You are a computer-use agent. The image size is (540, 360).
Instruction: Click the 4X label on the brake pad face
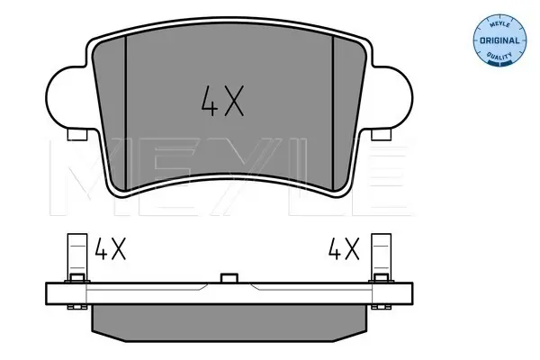tap(222, 101)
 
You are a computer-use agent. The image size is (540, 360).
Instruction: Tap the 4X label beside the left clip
tap(110, 248)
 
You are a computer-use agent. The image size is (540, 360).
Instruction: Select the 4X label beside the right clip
tap(344, 248)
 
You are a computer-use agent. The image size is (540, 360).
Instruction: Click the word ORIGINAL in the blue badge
tap(499, 40)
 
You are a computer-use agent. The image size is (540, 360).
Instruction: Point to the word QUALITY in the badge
tap(499, 55)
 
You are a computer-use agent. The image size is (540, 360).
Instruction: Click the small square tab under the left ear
tap(77, 135)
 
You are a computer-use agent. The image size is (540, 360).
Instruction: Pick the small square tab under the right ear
tap(382, 135)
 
